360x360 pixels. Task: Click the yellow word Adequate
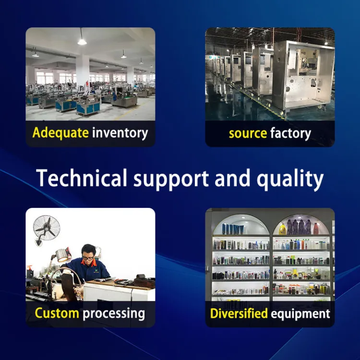click(60, 133)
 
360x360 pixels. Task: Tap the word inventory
click(120, 133)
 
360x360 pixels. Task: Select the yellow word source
click(248, 133)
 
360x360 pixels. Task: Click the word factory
click(290, 133)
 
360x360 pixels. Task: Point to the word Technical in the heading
click(82, 178)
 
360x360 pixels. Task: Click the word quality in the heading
click(290, 179)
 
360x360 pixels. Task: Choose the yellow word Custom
click(57, 313)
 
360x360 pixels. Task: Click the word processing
click(114, 314)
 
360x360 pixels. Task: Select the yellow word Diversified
click(239, 313)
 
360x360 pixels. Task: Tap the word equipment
click(300, 314)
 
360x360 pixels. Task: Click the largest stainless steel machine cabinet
click(303, 76)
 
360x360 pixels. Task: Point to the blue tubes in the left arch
click(233, 229)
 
